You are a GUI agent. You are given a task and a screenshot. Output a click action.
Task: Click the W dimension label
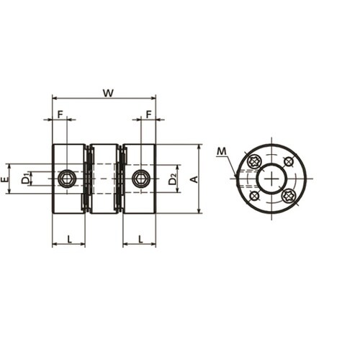108,93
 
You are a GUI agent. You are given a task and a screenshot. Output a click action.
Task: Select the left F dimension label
60,114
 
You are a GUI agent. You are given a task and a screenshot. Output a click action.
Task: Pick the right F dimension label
149,114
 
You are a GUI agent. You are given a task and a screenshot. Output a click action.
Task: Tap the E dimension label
4,179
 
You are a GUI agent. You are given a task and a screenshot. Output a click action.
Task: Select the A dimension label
194,179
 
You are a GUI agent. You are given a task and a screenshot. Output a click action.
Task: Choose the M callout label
222,151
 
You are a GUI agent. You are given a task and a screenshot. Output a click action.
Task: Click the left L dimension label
69,239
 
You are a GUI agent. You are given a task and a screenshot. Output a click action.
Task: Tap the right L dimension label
140,239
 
